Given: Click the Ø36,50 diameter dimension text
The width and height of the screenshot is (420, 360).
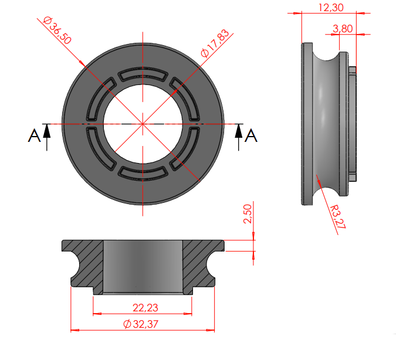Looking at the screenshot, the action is pos(57,30).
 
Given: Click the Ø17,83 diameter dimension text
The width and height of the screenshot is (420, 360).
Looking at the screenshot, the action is pos(215,43).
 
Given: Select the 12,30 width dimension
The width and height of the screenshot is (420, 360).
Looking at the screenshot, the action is pos(331,8).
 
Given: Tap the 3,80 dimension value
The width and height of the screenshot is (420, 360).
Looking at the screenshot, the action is pos(343,29).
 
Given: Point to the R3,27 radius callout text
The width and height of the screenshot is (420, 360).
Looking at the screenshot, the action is pos(337,217).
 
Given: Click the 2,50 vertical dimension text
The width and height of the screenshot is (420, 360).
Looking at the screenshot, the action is pos(248,213).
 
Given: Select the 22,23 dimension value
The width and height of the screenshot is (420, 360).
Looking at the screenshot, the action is pos(145,308).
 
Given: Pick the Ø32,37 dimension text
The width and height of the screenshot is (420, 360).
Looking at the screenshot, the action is pos(141,324).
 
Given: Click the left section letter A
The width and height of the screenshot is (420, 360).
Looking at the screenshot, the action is pos(34,135).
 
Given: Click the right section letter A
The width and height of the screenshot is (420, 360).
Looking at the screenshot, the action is pos(251,135).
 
